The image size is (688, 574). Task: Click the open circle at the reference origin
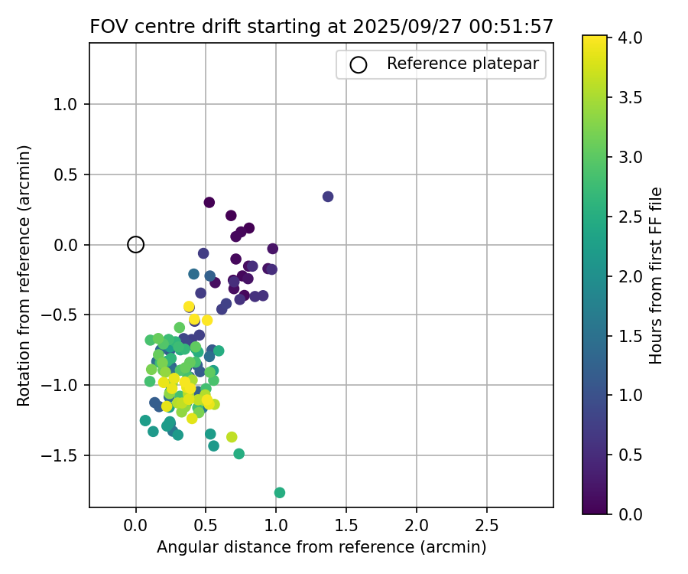(x=135, y=245)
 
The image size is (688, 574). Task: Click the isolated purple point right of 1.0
(x=328, y=197)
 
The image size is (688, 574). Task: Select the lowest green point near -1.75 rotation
(x=280, y=493)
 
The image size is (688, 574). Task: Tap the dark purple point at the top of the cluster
(x=209, y=203)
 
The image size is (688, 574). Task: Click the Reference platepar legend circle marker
(x=359, y=64)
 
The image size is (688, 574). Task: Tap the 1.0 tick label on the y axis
(x=67, y=105)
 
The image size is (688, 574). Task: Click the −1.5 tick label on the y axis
(x=63, y=456)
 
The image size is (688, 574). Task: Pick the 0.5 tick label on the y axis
(x=67, y=175)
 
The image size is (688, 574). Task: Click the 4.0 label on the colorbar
(x=628, y=38)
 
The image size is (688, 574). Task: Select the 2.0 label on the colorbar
(x=628, y=276)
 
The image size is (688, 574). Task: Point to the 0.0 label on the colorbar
(x=628, y=514)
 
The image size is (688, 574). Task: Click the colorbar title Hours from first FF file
(x=656, y=276)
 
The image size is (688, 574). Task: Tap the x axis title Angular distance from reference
(x=321, y=548)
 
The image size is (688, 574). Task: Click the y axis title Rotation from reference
(x=24, y=276)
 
